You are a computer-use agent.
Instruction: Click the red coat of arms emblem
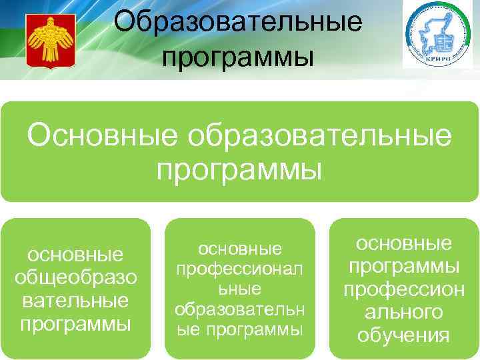point(48,40)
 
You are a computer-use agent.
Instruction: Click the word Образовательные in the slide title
point(238,22)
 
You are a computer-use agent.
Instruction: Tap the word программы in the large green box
point(239,169)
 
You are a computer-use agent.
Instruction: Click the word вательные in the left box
point(75,301)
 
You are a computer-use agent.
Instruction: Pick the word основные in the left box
point(75,255)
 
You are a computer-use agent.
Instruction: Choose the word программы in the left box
point(75,324)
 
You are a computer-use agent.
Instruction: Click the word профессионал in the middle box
point(239,269)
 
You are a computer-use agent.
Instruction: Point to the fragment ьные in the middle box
point(239,289)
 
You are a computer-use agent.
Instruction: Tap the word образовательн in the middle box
point(239,309)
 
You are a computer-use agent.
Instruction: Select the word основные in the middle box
point(239,249)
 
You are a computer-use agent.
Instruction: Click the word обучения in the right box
point(403,335)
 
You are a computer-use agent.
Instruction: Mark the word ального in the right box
point(403,312)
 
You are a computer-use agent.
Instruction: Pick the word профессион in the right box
point(403,289)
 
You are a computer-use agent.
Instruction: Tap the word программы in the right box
point(403,266)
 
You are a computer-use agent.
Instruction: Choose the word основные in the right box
point(403,243)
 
